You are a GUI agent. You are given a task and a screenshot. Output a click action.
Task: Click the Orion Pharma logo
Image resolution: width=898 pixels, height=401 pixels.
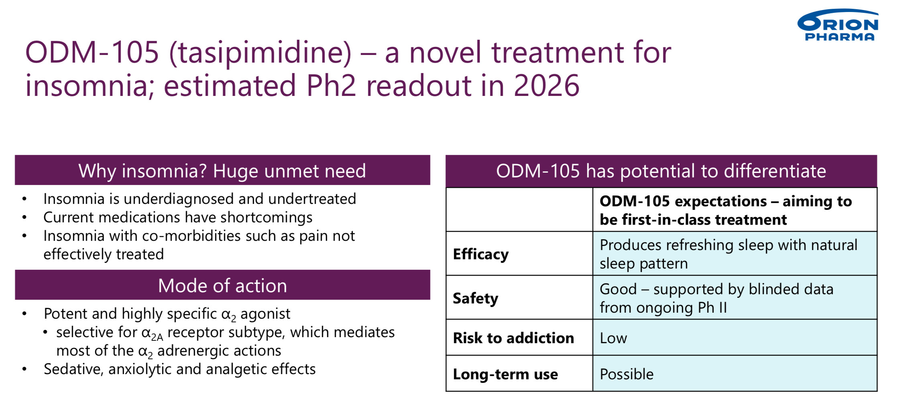(838, 25)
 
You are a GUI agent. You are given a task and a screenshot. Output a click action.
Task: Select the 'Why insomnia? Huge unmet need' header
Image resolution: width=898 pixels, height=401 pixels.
(222, 170)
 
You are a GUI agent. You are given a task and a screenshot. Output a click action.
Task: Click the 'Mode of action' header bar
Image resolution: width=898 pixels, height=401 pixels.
(222, 285)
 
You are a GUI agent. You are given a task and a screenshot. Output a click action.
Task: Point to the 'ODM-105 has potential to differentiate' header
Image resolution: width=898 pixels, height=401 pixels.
(661, 171)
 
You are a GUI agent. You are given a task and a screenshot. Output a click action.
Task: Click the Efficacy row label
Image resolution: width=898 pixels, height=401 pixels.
(481, 254)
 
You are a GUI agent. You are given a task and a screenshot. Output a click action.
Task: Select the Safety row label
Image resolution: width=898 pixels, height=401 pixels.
(475, 298)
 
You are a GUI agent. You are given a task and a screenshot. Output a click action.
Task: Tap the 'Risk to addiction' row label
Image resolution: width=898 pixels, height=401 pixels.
(513, 338)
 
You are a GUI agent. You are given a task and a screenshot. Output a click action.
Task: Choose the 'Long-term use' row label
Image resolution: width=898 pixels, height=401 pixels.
(505, 374)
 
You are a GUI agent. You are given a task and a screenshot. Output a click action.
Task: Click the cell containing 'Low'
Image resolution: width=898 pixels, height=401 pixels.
(735, 338)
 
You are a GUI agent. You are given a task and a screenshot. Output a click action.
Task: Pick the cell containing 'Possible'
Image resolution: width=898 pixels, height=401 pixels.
(735, 374)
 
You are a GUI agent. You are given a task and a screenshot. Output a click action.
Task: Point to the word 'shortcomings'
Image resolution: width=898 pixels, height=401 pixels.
(266, 218)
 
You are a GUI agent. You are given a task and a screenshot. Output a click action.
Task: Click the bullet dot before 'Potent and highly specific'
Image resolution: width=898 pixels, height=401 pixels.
(24, 314)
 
